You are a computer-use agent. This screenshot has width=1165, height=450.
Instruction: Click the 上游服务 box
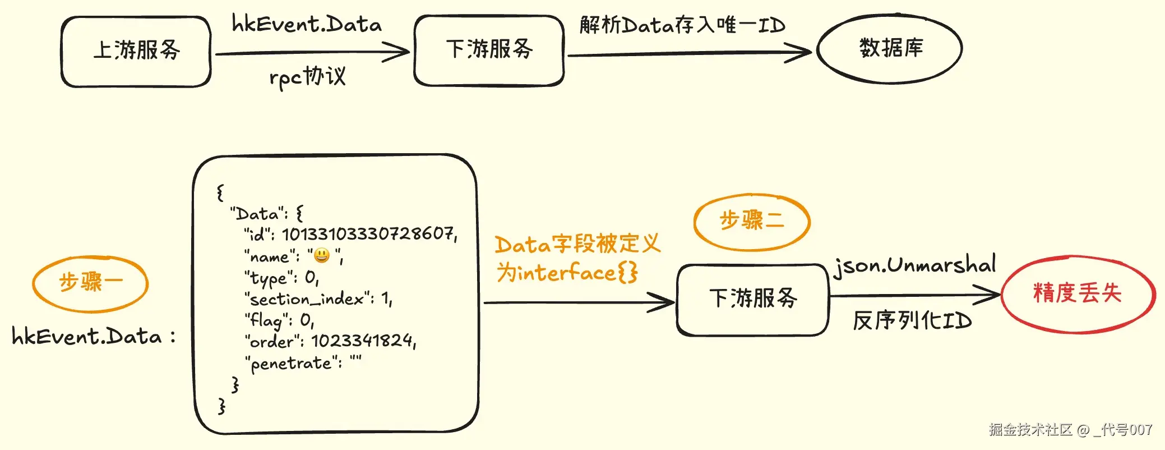(x=136, y=51)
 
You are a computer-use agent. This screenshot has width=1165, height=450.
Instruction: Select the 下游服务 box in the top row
(x=489, y=50)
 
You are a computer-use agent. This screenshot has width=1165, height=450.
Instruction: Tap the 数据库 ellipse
(x=890, y=49)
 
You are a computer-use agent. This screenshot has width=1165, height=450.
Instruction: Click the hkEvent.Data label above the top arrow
(x=307, y=24)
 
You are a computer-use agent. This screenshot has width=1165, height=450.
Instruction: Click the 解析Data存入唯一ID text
(x=682, y=25)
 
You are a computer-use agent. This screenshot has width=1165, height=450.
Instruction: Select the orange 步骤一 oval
(x=90, y=283)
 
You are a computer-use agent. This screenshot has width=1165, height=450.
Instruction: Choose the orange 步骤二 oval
(x=752, y=221)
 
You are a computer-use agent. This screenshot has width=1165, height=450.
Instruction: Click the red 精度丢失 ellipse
(x=1077, y=293)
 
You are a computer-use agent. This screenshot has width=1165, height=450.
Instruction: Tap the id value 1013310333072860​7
(x=368, y=233)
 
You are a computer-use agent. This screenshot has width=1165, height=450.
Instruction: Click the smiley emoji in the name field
(x=322, y=256)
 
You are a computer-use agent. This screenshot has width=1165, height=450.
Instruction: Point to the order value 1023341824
(x=362, y=341)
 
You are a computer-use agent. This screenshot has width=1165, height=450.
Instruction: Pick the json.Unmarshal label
(x=914, y=265)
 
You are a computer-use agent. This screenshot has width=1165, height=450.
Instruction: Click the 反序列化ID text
(x=912, y=321)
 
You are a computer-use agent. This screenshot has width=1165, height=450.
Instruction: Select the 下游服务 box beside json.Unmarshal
(x=752, y=299)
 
